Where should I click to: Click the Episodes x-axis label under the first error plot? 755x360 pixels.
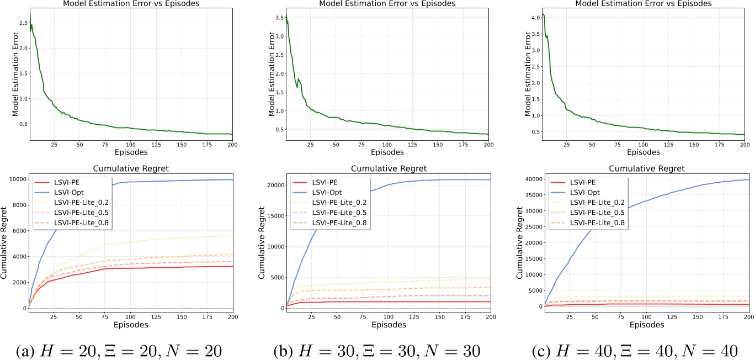(x=130, y=152)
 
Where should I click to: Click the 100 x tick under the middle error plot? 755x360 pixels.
(x=389, y=145)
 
